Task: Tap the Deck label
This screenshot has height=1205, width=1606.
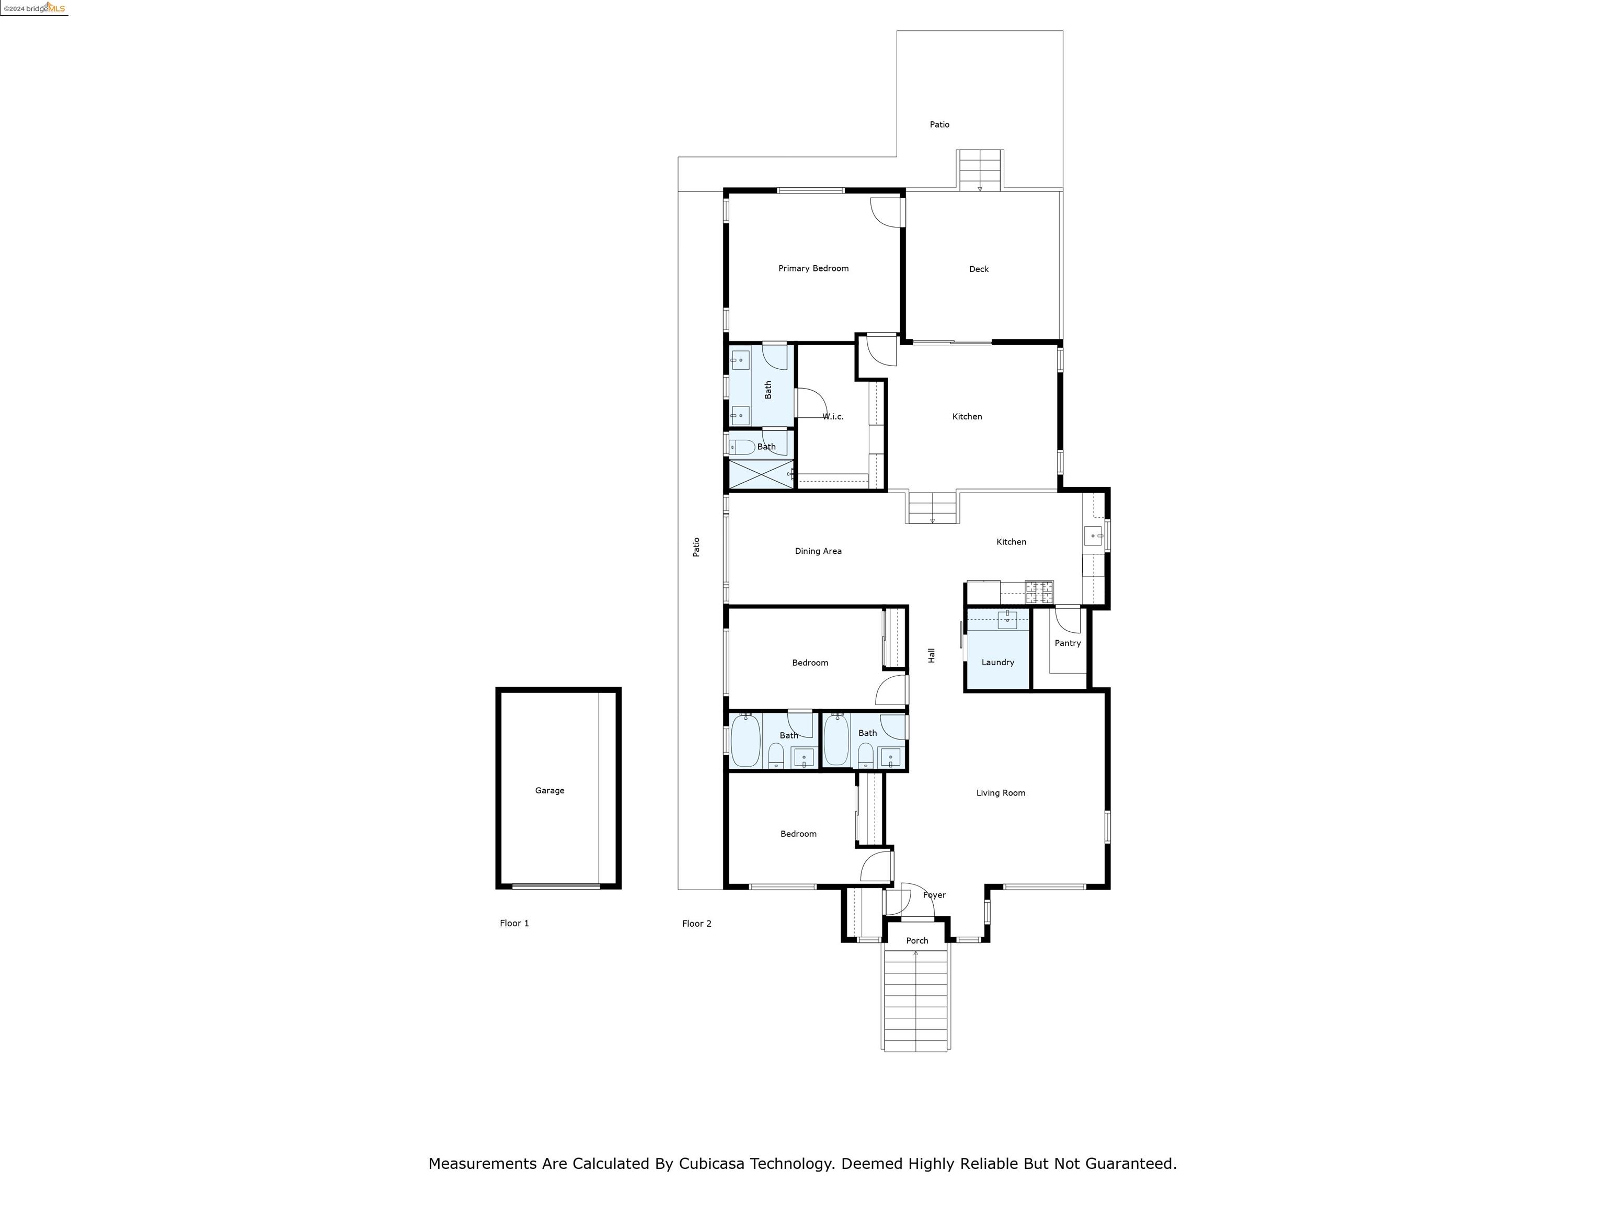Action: pyautogui.click(x=979, y=269)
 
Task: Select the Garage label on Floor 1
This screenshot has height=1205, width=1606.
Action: pyautogui.click(x=549, y=790)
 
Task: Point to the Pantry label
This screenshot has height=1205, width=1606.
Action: pyautogui.click(x=1068, y=643)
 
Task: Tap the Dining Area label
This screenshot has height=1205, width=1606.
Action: pyautogui.click(x=818, y=551)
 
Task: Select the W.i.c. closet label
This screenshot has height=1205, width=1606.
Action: pyautogui.click(x=833, y=417)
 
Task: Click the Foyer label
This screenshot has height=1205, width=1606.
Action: pyautogui.click(x=934, y=895)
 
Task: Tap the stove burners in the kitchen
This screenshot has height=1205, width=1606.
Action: pyautogui.click(x=1039, y=592)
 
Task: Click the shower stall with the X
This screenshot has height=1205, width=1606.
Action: pyautogui.click(x=761, y=474)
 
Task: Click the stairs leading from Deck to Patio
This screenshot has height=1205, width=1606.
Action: pyautogui.click(x=979, y=170)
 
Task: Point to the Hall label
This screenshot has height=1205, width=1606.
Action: pyautogui.click(x=932, y=655)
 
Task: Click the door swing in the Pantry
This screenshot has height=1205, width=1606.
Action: pyautogui.click(x=1068, y=619)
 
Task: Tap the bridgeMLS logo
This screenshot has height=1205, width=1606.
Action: pyautogui.click(x=35, y=8)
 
